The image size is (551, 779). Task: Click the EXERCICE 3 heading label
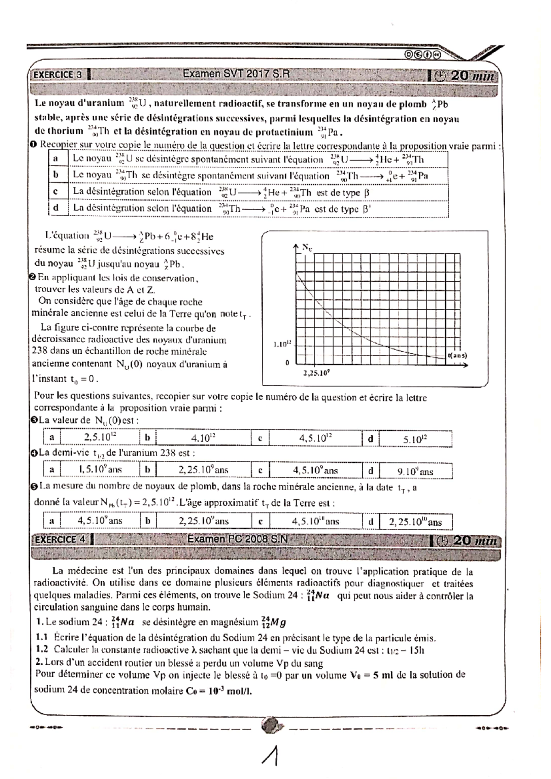point(57,75)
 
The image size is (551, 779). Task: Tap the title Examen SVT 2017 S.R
point(236,74)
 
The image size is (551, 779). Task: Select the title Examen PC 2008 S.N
point(237,539)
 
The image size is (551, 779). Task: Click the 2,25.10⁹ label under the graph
point(316,373)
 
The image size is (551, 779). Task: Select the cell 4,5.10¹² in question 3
point(315,438)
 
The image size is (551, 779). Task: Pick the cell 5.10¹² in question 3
point(415,440)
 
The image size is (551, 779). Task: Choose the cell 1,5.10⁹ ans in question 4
point(100,469)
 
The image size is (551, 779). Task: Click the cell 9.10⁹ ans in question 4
point(415,471)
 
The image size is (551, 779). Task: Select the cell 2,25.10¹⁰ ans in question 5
point(415,522)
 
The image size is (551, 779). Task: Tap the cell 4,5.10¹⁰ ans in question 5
point(315,521)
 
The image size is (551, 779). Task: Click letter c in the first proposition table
point(56,191)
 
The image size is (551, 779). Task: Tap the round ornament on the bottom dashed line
point(270,726)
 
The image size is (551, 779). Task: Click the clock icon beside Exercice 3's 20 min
point(439,76)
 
